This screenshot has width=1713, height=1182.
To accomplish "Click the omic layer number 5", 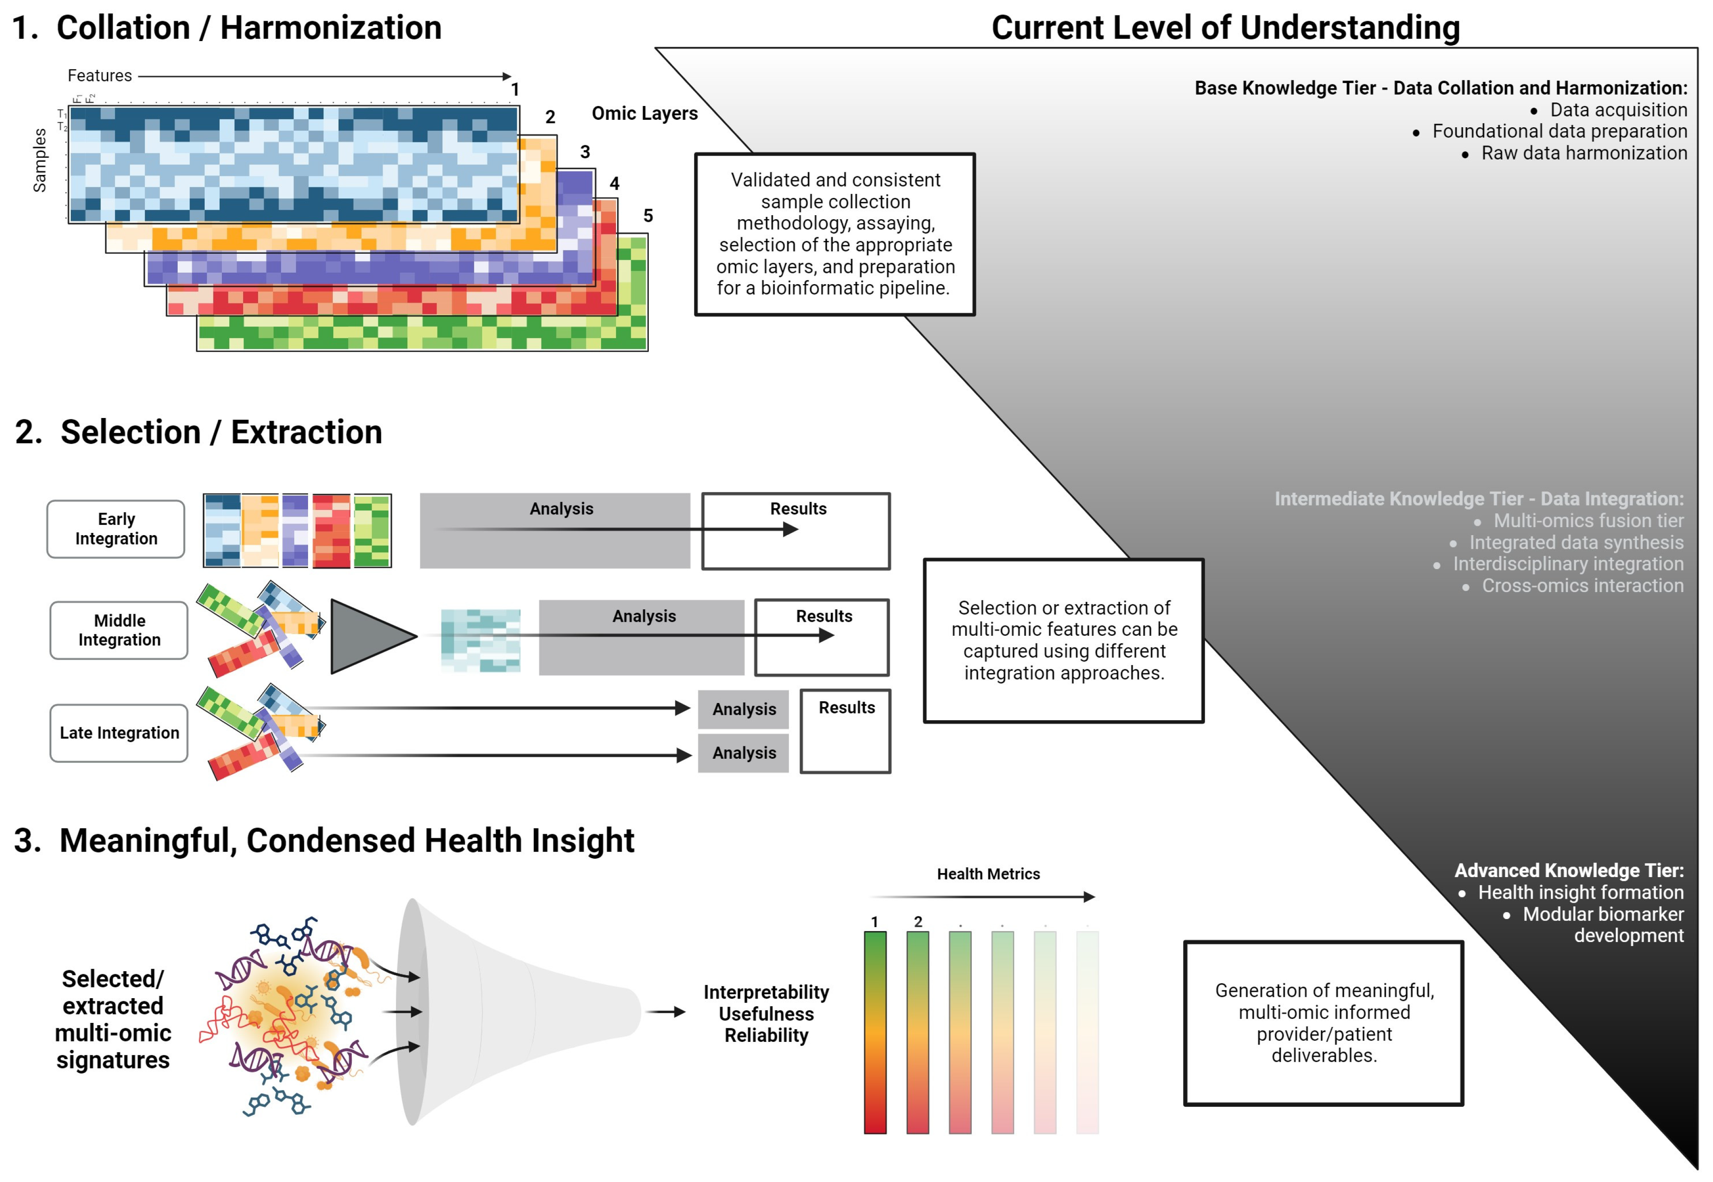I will coord(648,216).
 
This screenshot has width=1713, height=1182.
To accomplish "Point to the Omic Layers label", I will coord(644,113).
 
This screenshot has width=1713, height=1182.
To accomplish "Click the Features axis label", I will coord(99,76).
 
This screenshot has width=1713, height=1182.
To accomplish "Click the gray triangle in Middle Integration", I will coord(366,636).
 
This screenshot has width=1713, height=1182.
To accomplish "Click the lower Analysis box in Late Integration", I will coord(743,753).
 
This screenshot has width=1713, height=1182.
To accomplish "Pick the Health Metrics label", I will coord(988,874).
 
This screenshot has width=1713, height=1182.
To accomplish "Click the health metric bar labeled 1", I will coord(875,1032).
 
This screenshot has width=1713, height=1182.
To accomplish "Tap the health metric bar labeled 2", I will coord(917,1032).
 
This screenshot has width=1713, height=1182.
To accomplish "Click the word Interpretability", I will coord(766,992).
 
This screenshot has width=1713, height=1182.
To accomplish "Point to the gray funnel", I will coord(511,1012).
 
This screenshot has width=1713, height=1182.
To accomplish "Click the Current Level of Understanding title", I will coord(1225,28).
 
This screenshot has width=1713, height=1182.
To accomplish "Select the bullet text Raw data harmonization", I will coord(1584,153).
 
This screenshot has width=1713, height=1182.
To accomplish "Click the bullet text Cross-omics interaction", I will coord(1582,586).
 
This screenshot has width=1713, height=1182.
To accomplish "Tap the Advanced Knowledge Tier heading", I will coord(1568,870).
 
